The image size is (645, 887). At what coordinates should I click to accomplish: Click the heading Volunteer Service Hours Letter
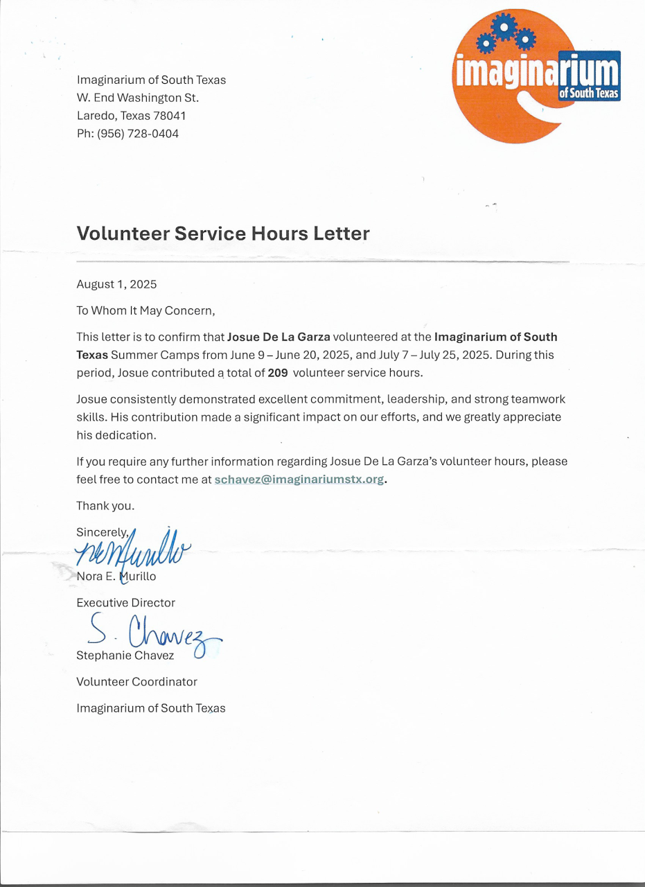point(223,234)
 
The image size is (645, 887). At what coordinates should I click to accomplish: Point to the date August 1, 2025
point(116,284)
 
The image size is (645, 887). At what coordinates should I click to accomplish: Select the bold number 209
point(278,372)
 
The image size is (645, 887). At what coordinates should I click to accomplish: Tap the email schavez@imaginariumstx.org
point(299,480)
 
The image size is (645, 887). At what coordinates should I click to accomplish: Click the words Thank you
point(105,506)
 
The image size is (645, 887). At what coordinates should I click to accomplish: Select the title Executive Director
point(125,603)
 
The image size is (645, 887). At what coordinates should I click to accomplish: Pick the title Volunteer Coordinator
point(136,682)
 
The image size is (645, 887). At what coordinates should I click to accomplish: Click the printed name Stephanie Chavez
point(125,656)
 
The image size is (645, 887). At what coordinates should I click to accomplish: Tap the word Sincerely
point(102,533)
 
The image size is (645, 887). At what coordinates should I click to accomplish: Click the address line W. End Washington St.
point(138,98)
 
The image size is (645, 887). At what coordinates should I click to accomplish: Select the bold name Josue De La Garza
point(279,337)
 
